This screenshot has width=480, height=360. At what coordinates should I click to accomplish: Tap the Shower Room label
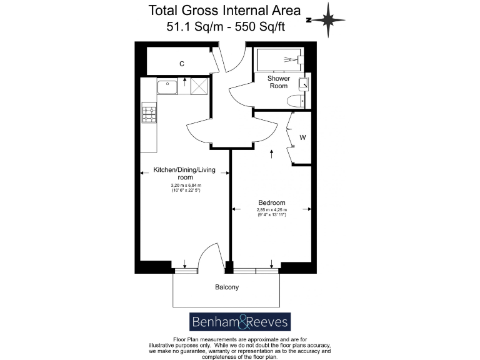278,82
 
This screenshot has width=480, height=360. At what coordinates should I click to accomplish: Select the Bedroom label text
272,202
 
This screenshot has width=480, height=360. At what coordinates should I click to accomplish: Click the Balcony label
227,287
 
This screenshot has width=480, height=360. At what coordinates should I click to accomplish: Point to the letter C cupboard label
182,64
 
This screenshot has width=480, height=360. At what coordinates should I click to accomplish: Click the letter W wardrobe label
302,137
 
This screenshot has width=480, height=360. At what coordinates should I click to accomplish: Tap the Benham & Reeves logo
240,322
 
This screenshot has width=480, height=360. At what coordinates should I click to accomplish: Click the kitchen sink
167,86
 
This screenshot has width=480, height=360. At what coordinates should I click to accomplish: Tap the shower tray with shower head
279,60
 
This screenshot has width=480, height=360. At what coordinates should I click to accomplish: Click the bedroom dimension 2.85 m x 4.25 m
272,212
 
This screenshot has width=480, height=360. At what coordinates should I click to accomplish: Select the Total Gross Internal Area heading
224,11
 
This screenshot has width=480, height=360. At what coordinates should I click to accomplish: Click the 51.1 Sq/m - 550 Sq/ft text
224,27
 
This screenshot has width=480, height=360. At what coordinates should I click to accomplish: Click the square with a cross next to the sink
199,86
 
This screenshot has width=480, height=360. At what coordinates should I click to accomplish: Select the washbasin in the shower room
303,83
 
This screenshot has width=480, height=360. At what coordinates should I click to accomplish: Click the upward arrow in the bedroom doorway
271,153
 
